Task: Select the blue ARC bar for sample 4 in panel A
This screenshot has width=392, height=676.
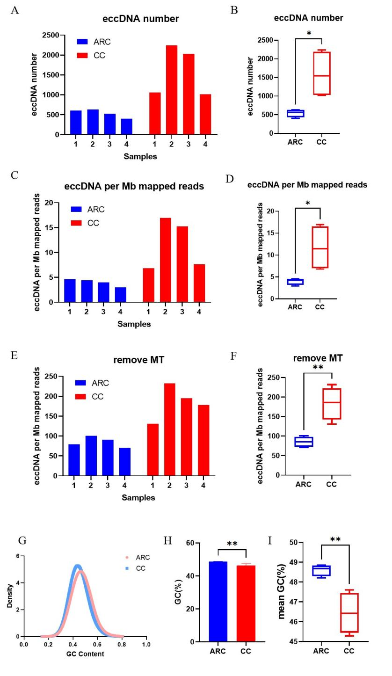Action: point(126,126)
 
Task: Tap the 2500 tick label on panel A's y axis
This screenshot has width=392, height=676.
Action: point(51,35)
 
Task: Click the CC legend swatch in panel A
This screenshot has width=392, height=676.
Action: point(82,55)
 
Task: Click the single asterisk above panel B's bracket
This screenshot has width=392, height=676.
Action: point(309,34)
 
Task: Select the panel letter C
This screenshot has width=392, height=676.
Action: point(15,175)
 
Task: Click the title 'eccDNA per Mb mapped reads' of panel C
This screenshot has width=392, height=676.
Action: point(134,186)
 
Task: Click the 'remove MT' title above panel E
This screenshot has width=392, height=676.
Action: point(138,360)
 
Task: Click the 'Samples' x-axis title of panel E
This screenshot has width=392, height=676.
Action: point(138,497)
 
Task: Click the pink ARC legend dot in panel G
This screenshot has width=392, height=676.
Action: point(127,557)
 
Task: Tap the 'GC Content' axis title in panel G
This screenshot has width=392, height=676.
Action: point(85,654)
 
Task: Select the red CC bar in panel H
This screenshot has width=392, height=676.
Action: point(246,603)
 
